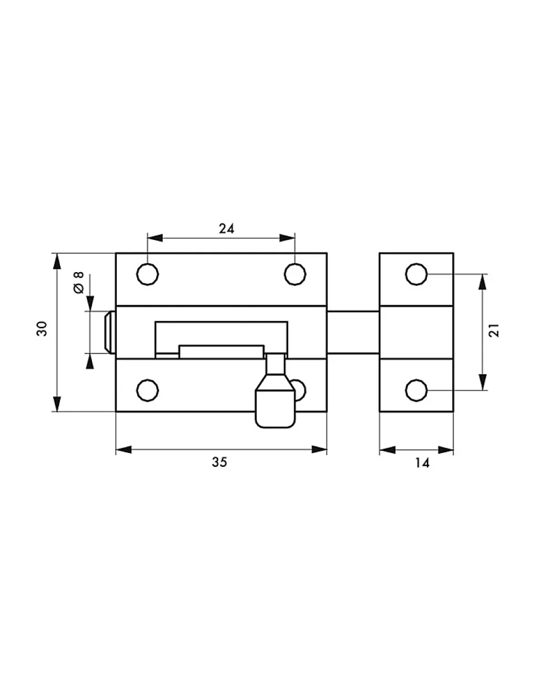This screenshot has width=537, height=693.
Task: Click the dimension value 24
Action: coord(226,228)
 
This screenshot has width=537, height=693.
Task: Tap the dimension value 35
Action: coord(220,462)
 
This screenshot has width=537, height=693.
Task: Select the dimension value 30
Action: coord(42,329)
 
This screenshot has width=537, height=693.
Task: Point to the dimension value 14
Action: coord(422,463)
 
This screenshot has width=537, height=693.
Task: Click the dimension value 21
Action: coord(494,330)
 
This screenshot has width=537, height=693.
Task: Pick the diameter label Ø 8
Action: coord(79,282)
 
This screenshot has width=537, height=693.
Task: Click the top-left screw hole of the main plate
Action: coord(147,274)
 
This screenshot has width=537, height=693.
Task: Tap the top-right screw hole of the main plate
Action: coord(295,274)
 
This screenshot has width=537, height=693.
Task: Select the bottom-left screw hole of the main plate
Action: coord(147,390)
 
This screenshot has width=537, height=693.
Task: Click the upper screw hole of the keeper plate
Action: coord(416,274)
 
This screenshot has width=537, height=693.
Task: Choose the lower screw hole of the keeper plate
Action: coord(416,390)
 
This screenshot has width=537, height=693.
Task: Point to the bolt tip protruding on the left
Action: coord(109,332)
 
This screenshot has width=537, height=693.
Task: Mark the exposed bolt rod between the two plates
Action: coord(353,332)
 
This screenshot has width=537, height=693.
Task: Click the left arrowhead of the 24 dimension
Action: coord(155,238)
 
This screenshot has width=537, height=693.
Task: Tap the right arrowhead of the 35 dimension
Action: coord(319,449)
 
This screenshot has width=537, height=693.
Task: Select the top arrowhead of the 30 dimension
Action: coord(57,261)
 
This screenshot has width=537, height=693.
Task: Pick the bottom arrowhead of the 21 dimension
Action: coord(483,382)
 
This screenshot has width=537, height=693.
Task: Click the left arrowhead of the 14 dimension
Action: coord(388,450)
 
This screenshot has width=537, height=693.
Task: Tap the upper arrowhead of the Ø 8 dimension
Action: coord(90,303)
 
